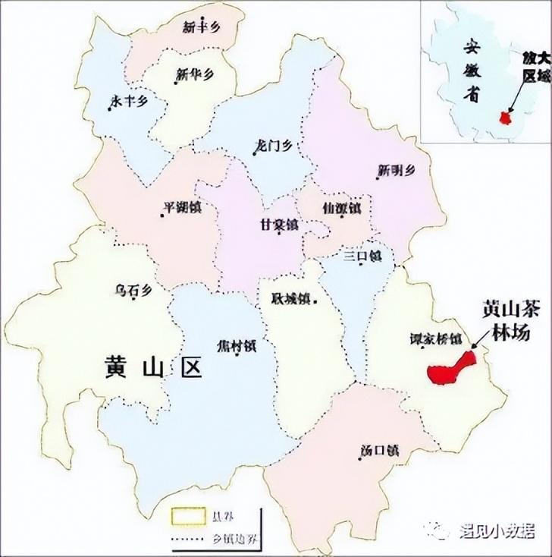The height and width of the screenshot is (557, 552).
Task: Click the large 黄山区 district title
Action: click(x=155, y=369)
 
